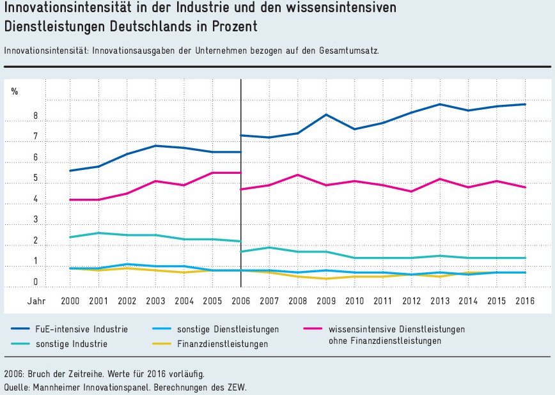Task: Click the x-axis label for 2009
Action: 325,300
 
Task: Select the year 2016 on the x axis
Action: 524,300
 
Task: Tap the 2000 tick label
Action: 70,300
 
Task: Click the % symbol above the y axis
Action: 15,91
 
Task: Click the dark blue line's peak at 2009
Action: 326,114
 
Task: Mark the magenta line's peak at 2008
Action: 297,174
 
